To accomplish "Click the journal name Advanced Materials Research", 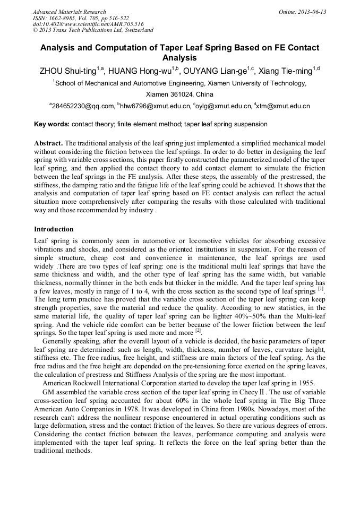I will click(x=69, y=12).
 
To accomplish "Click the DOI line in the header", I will click(x=88, y=24).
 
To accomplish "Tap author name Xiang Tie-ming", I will click(x=285, y=71).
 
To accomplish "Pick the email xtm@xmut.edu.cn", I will click(x=284, y=107).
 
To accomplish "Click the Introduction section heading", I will click(x=54, y=229).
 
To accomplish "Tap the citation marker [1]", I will click(x=321, y=289).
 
